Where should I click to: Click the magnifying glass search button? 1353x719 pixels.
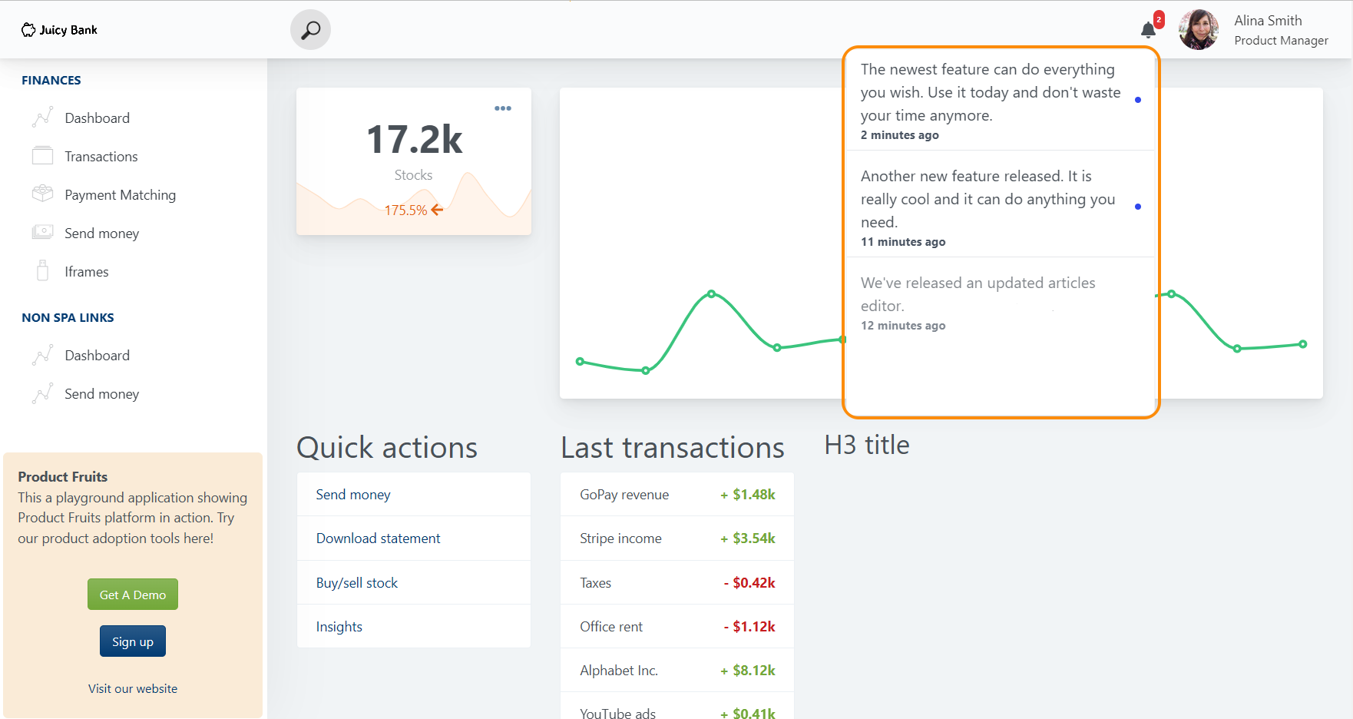coord(310,30)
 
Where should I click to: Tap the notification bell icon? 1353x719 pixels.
coord(1148,30)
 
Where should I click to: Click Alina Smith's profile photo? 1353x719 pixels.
coord(1198,30)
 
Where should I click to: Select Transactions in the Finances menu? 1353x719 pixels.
coord(101,157)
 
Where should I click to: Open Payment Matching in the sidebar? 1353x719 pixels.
coord(120,195)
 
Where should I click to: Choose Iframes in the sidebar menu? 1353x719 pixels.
coord(86,272)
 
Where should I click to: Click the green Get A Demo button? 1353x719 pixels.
coord(133,595)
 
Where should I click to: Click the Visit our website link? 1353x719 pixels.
coord(133,689)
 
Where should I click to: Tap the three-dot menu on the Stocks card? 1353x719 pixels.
coord(503,108)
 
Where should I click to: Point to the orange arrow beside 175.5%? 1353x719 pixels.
coord(437,210)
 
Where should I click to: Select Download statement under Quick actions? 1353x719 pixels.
coord(378,538)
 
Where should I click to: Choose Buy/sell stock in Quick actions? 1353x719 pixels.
coord(357,583)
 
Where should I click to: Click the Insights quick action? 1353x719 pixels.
coord(339,627)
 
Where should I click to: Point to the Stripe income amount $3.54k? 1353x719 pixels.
coord(753,538)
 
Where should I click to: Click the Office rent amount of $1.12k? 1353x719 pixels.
coord(753,627)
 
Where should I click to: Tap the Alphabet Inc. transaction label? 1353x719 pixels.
coord(618,671)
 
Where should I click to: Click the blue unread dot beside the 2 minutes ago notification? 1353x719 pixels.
coord(1137,100)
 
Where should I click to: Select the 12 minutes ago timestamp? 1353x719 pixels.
coord(903,326)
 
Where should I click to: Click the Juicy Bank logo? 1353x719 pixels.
coord(59,30)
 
